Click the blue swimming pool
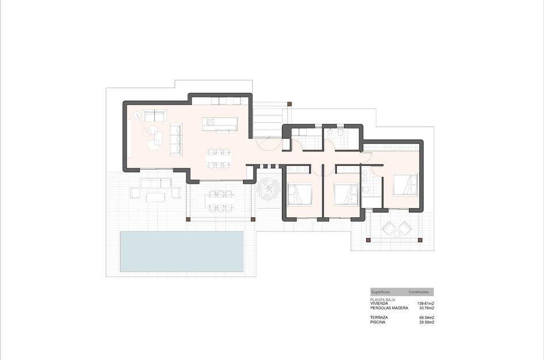pos(181,251)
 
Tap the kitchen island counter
pos(220,123)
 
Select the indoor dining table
pos(219,158)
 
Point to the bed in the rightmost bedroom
pos(404,185)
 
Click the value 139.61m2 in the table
pos(425,304)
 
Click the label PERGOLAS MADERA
pos(389,308)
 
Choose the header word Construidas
pos(419,292)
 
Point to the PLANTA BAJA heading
pos(383,300)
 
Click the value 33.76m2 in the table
pos(425,308)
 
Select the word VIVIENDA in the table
pos(381,304)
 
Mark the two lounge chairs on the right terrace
pos(397,229)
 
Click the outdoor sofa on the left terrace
pos(156,183)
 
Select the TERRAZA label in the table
pos(379,317)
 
